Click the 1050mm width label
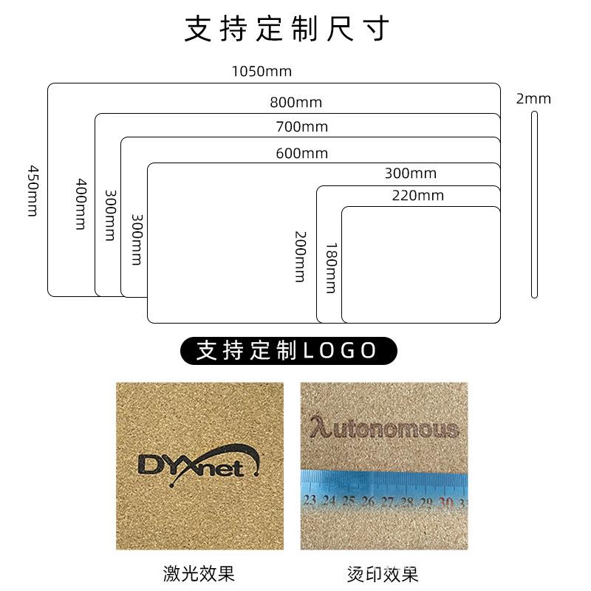[x=262, y=72]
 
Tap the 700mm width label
[x=301, y=127]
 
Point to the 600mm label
[x=301, y=154]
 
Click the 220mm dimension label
[x=417, y=196]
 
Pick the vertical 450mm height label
[x=33, y=191]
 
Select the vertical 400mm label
[x=81, y=204]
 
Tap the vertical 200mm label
[x=300, y=256]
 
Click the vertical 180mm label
[x=330, y=267]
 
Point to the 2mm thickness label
[x=533, y=99]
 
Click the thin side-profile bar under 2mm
[x=534, y=205]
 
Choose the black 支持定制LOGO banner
[x=289, y=350]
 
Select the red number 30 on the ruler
[x=445, y=502]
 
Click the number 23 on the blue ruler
[x=310, y=501]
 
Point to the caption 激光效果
[x=199, y=573]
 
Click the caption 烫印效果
[x=383, y=573]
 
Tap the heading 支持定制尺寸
[x=287, y=30]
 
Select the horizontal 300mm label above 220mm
[x=410, y=174]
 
